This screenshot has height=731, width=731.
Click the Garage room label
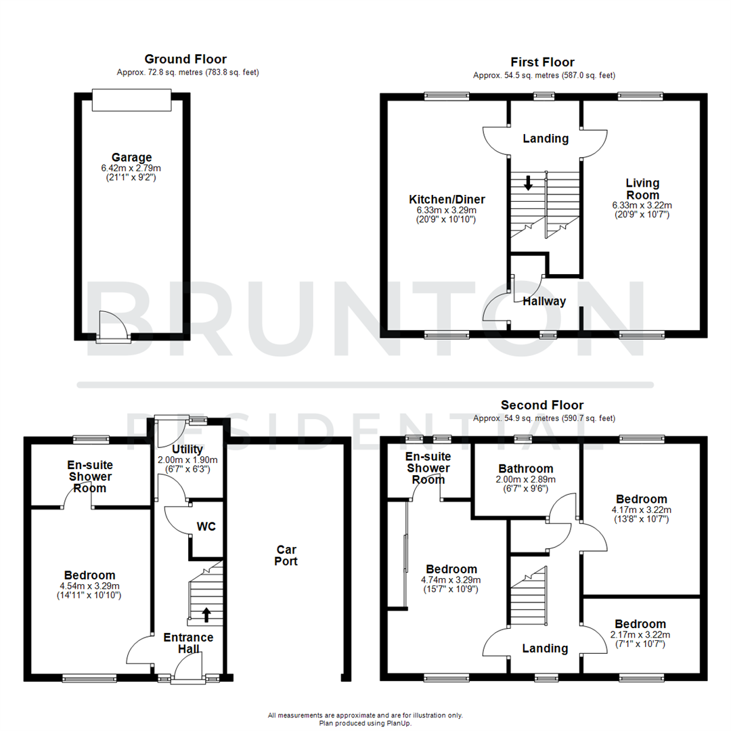pyautogui.click(x=132, y=157)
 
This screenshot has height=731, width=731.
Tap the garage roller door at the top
pyautogui.click(x=132, y=100)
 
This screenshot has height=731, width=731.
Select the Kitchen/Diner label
pyautogui.click(x=447, y=200)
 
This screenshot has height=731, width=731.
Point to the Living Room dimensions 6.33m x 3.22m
pyautogui.click(x=642, y=205)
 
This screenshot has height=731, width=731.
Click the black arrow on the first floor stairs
pyautogui.click(x=528, y=182)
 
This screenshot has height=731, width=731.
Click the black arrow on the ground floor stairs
pyautogui.click(x=206, y=614)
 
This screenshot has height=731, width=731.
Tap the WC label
pyautogui.click(x=206, y=527)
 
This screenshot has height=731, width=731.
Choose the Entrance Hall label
pyautogui.click(x=188, y=643)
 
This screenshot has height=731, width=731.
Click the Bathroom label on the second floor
pyautogui.click(x=526, y=468)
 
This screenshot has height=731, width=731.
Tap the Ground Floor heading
pyautogui.click(x=186, y=60)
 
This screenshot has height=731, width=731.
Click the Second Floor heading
pyautogui.click(x=542, y=405)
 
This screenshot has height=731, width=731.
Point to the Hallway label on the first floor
pyautogui.click(x=544, y=301)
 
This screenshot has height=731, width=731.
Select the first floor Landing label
pyautogui.click(x=546, y=139)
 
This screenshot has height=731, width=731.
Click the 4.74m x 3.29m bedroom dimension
pyautogui.click(x=451, y=580)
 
